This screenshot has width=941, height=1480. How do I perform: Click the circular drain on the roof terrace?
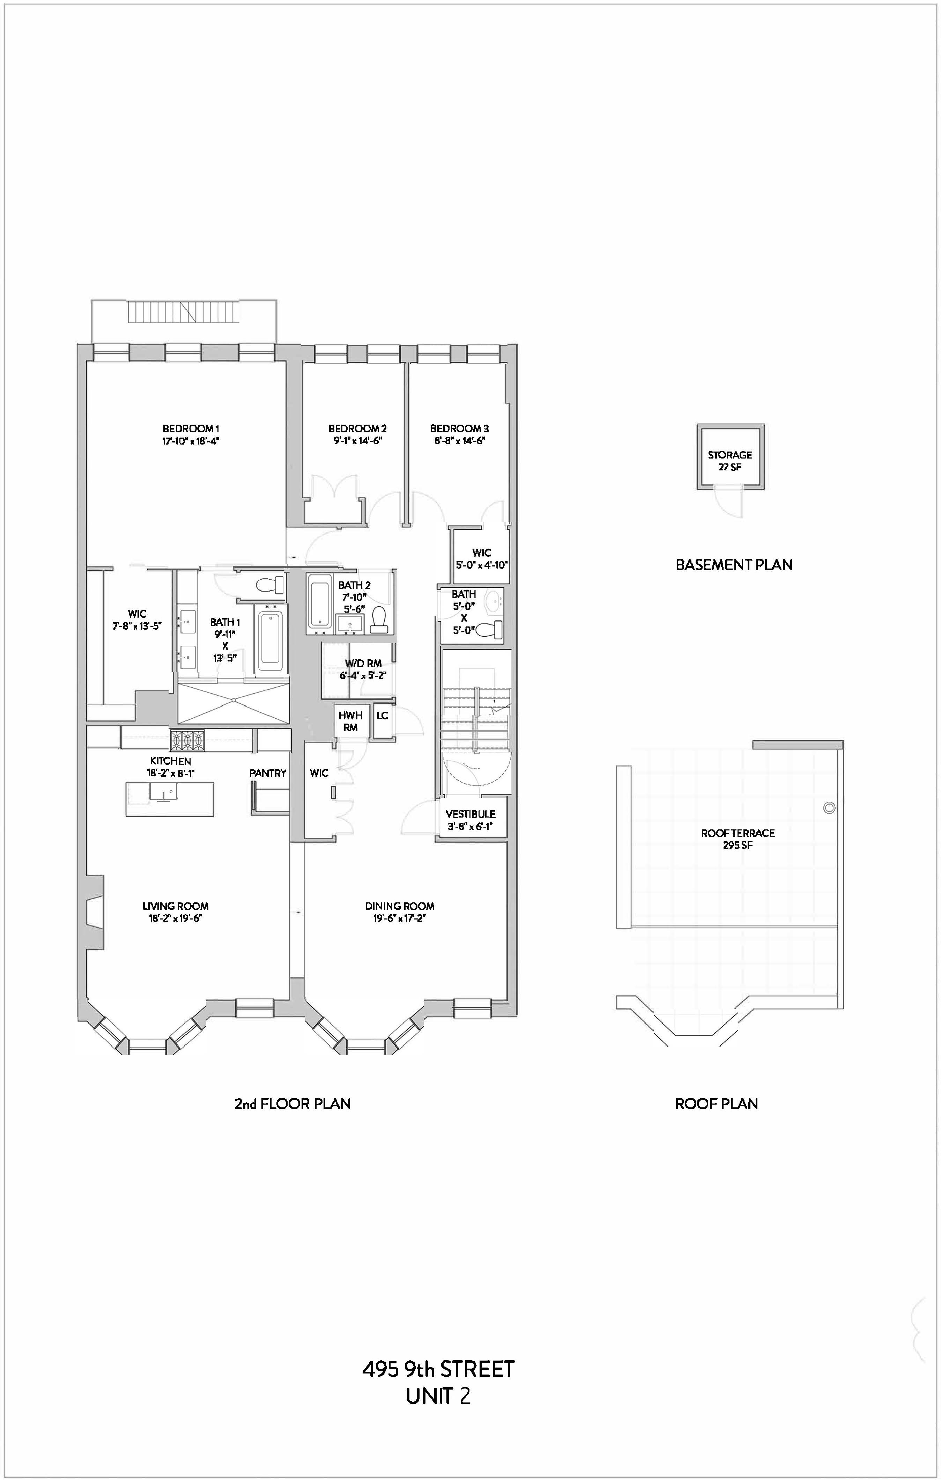click(829, 808)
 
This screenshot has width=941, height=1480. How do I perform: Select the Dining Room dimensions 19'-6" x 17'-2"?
click(400, 918)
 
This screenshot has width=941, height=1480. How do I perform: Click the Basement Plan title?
click(734, 564)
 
